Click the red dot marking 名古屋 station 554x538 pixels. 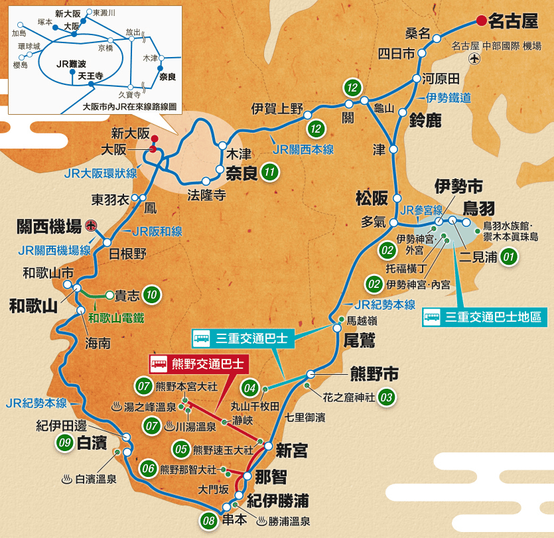[480, 21]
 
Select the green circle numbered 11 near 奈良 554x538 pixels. [269, 172]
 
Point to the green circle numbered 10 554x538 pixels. [152, 295]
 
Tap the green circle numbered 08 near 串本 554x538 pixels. [209, 521]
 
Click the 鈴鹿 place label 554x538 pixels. [426, 121]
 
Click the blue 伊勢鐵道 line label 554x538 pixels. [449, 98]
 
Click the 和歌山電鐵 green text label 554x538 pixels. [116, 317]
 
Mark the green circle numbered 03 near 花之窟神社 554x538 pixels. [387, 398]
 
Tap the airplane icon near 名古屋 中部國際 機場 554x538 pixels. [474, 59]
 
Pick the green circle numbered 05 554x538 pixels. [181, 449]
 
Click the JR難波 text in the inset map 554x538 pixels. [73, 64]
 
